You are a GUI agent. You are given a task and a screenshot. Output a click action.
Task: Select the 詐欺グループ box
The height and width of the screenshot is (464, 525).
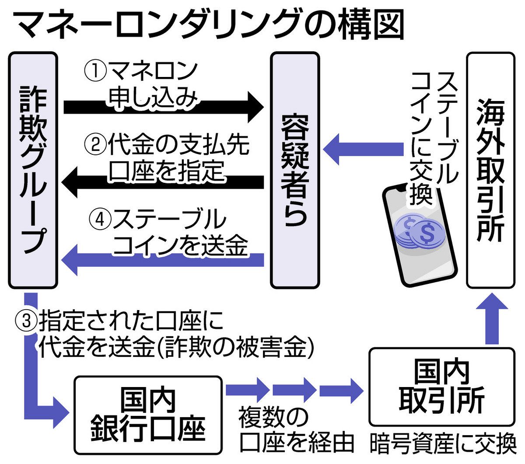coord(33,171)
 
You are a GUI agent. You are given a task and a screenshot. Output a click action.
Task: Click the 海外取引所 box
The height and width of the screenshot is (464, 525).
coord(490,171)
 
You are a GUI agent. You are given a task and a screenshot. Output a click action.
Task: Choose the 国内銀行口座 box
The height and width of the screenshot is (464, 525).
coord(148,415)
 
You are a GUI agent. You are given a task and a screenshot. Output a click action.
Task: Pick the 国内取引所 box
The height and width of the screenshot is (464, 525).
coord(441,387)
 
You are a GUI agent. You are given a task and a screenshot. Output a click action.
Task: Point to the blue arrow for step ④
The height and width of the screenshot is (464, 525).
coord(164,260)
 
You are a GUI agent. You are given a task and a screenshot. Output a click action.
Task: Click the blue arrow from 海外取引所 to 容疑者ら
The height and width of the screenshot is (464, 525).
coord(363,149)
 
